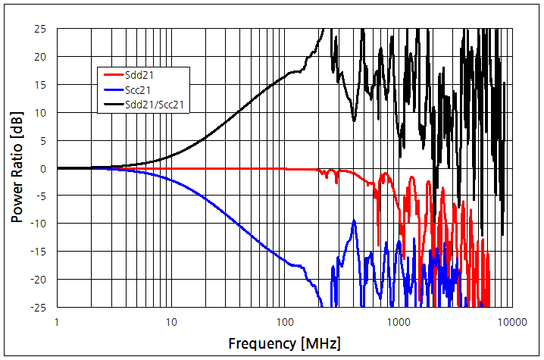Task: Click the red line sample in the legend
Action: tap(113, 74)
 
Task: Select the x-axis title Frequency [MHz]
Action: tap(284, 343)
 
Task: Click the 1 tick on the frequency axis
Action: tap(57, 321)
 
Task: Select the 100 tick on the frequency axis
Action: tap(284, 321)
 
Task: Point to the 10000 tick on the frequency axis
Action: tap(511, 321)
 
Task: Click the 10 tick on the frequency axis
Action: tap(170, 321)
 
